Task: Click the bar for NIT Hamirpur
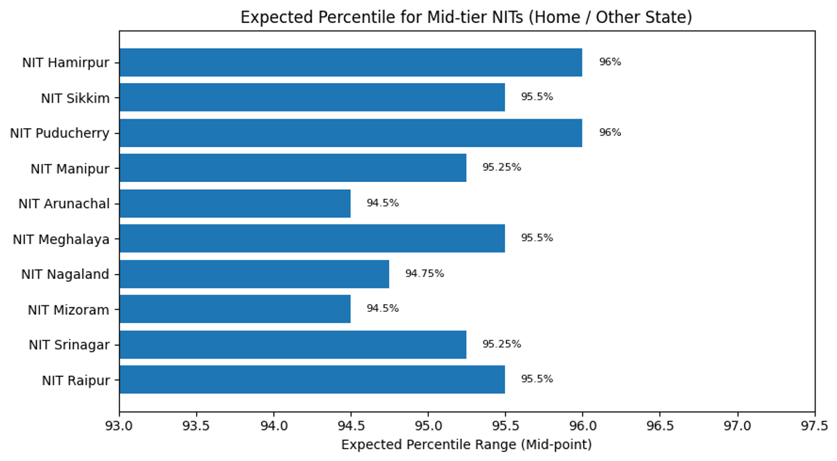pyautogui.click(x=350, y=62)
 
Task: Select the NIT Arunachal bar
pyautogui.click(x=234, y=203)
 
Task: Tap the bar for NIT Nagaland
pyautogui.click(x=254, y=273)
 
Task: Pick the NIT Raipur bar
pyautogui.click(x=312, y=379)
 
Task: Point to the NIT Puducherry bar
pyautogui.click(x=350, y=133)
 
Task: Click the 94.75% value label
pyautogui.click(x=424, y=273)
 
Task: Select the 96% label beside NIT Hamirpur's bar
pyautogui.click(x=610, y=62)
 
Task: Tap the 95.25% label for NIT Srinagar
pyautogui.click(x=502, y=344)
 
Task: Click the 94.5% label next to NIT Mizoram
pyautogui.click(x=382, y=308)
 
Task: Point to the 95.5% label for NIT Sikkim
pyautogui.click(x=536, y=97)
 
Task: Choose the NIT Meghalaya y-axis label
pyautogui.click(x=61, y=239)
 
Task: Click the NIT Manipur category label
pyautogui.click(x=70, y=168)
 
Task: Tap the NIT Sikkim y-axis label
pyautogui.click(x=75, y=98)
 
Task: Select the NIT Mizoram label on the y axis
pyautogui.click(x=68, y=310)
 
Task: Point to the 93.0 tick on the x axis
pyautogui.click(x=119, y=425)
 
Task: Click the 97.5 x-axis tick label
pyautogui.click(x=814, y=425)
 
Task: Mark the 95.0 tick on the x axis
pyautogui.click(x=428, y=425)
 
